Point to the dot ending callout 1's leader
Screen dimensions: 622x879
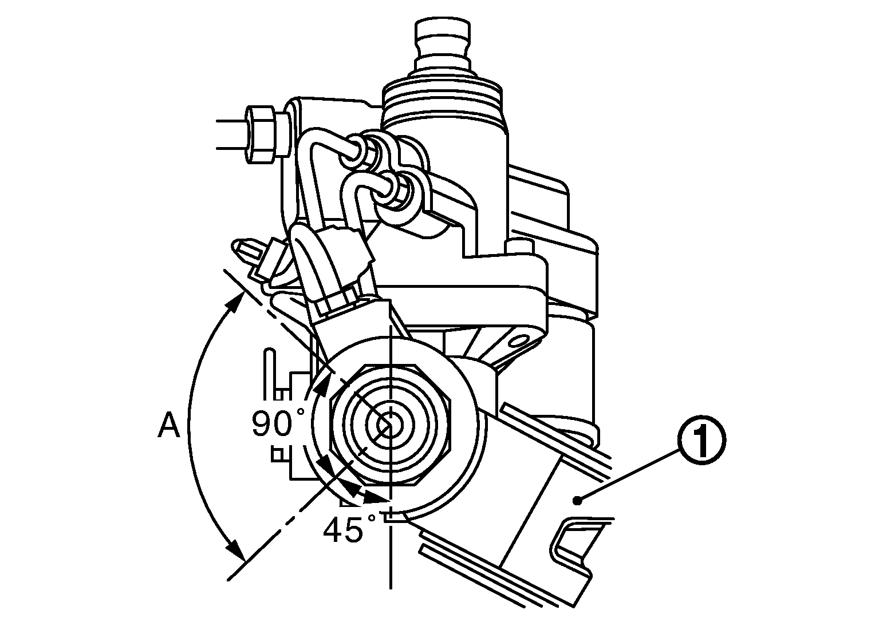(x=578, y=501)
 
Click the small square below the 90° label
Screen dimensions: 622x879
(x=278, y=454)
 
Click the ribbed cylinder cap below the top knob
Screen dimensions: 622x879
(x=444, y=94)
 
